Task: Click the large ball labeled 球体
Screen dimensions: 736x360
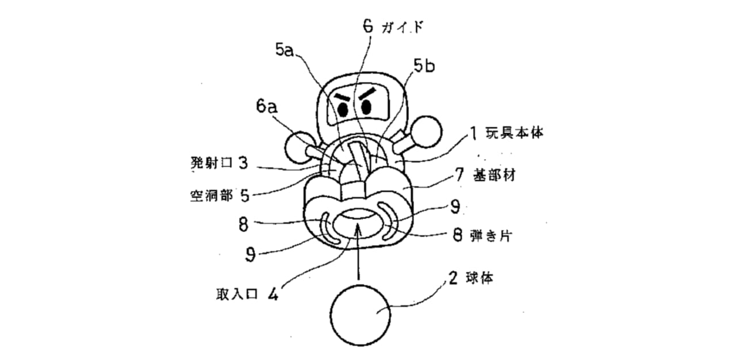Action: [x=360, y=315]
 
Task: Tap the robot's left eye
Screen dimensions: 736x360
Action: [x=343, y=110]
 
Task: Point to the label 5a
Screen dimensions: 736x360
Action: [x=284, y=50]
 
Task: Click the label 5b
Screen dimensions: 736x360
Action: [x=424, y=66]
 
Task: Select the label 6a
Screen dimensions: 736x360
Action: [x=266, y=106]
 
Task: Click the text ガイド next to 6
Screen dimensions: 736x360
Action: [x=403, y=28]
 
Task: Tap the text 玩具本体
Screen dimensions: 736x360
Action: [x=515, y=133]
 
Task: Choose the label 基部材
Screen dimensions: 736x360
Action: [x=494, y=175]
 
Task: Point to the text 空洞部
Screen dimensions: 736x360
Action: [x=212, y=196]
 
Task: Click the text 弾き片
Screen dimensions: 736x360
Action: [x=491, y=236]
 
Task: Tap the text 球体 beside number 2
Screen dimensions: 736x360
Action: [x=480, y=278]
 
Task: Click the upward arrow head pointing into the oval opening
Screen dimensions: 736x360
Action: [x=359, y=230]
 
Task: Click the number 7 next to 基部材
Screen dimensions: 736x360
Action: [x=459, y=174]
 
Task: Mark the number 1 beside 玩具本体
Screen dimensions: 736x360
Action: [x=473, y=133]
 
